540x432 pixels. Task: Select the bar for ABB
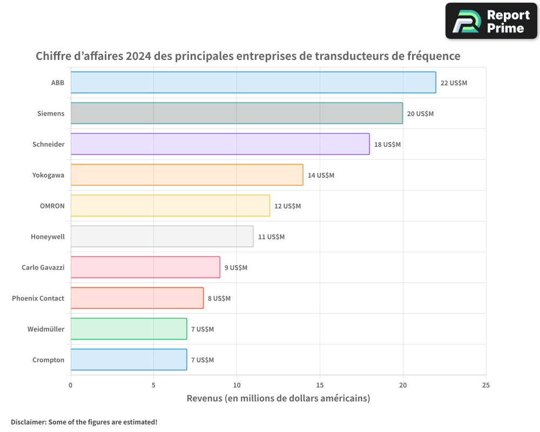pos(253,83)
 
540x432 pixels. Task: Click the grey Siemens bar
pos(237,113)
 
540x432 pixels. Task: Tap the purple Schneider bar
pos(220,144)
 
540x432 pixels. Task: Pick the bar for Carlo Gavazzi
pos(145,267)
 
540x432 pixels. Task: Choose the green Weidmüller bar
pos(129,329)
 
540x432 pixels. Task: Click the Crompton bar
pos(129,360)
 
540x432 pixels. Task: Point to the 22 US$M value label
pos(454,83)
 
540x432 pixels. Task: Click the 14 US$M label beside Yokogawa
pos(321,175)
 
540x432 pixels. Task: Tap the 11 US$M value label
pos(271,237)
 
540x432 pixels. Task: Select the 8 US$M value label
pos(219,299)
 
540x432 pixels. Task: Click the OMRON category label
pos(52,206)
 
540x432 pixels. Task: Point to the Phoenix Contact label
pos(38,298)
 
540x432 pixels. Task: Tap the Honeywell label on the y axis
pos(48,237)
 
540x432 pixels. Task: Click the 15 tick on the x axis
pos(320,385)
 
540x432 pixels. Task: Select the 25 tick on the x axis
pos(485,385)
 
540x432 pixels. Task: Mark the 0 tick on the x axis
pos(71,385)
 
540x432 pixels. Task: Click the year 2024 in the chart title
pos(138,56)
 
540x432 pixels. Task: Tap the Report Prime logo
pos(491,21)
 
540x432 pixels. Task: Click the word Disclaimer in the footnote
pos(28,422)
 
